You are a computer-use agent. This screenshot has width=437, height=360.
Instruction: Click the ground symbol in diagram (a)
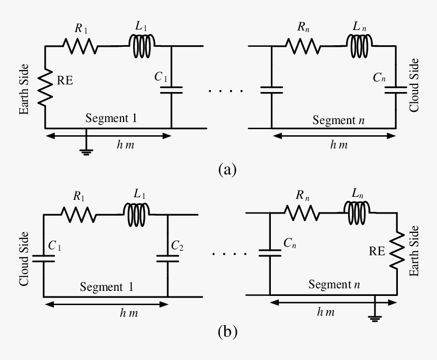pos(86,151)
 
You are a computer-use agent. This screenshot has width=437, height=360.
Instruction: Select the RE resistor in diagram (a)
pos(45,87)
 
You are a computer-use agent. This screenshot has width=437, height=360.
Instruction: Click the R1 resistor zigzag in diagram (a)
pos(80,47)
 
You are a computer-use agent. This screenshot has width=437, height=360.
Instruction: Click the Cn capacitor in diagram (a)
pos(396,89)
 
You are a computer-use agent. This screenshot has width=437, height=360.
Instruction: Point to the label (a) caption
pos(227,169)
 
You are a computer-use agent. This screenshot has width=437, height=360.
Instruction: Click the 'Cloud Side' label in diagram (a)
pos(414,85)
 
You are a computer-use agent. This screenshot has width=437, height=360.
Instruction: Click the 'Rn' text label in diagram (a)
pos(304,28)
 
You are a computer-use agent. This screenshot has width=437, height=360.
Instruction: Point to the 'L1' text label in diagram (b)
pos(140,194)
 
